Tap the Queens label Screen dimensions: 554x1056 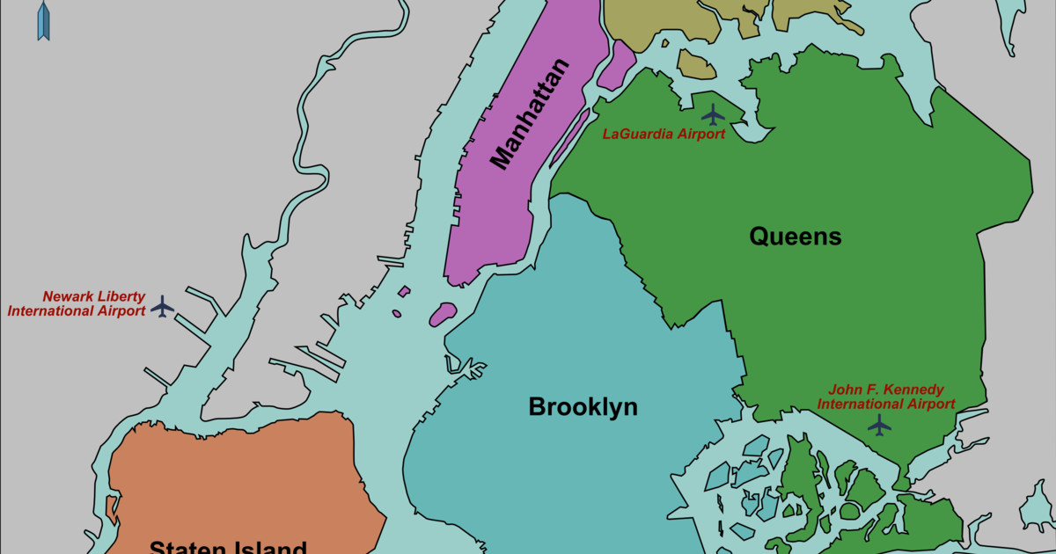[796, 237]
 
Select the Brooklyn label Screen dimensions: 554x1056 [583, 407]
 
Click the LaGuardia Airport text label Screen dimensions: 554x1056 [664, 135]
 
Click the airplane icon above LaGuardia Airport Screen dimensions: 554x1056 [713, 114]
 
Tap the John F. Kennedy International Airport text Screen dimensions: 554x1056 [886, 397]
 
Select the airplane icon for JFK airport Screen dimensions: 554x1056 [879, 426]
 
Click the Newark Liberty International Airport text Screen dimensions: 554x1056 [77, 303]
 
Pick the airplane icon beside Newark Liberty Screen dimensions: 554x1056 [162, 307]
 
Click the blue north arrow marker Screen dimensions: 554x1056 [43, 21]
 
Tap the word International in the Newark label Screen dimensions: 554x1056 [51, 311]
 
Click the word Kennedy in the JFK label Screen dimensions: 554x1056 [916, 390]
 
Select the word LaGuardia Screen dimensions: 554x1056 [637, 135]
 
